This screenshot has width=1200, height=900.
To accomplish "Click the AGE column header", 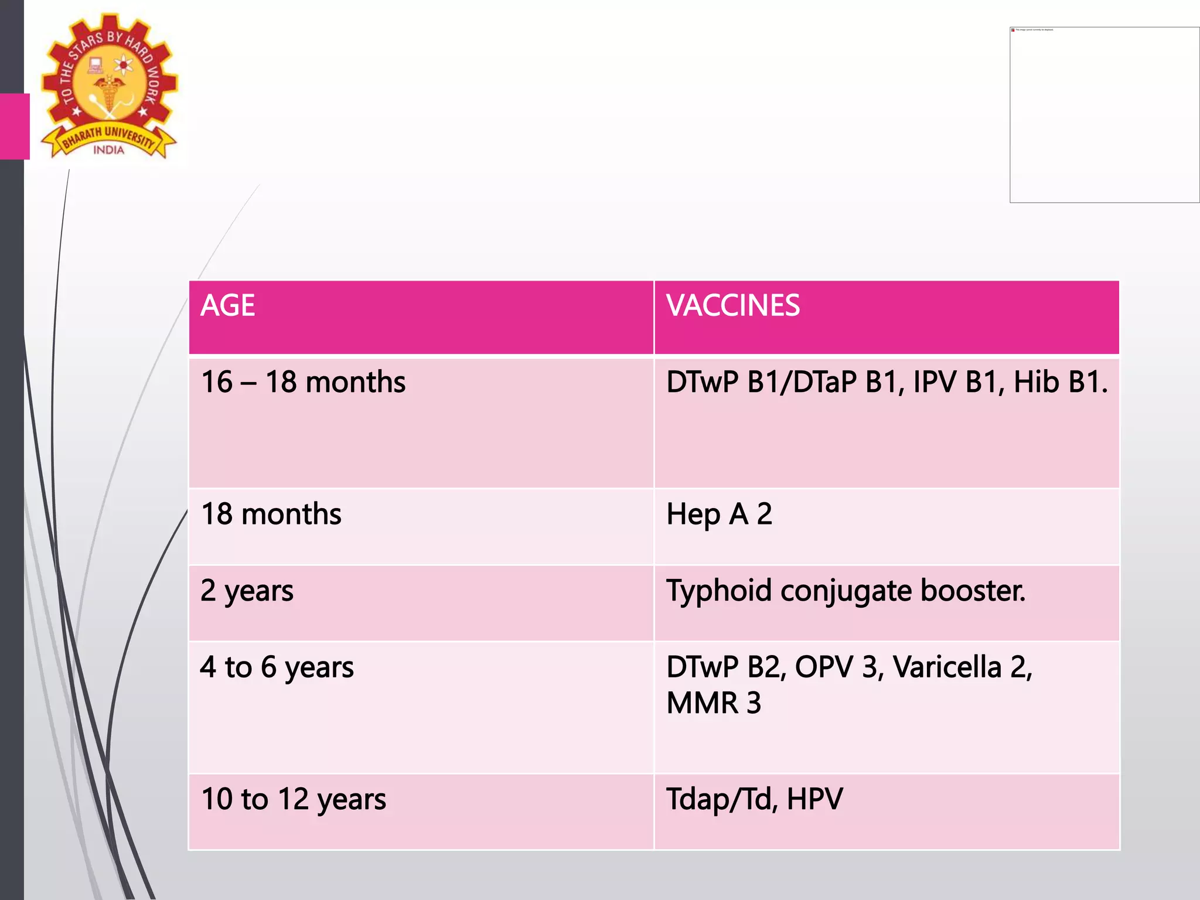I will pyautogui.click(x=228, y=306).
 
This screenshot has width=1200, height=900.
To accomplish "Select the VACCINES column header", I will pyautogui.click(x=733, y=306).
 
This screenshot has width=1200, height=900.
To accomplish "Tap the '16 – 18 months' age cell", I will pyautogui.click(x=303, y=382).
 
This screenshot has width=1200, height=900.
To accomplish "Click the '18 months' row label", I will pyautogui.click(x=271, y=514).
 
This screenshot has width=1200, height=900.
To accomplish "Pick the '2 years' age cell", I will pyautogui.click(x=247, y=591).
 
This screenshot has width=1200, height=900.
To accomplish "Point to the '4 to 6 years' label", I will pyautogui.click(x=277, y=667).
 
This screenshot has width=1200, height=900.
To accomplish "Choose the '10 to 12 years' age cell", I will pyautogui.click(x=294, y=799).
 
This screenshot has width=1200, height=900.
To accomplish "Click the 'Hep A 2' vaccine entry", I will pyautogui.click(x=719, y=514).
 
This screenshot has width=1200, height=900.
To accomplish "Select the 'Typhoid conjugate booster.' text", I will pyautogui.click(x=846, y=591).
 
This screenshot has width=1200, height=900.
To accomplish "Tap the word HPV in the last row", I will pyautogui.click(x=814, y=799).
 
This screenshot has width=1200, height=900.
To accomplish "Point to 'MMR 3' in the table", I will pyautogui.click(x=713, y=703).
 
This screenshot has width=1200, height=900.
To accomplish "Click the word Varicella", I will pyautogui.click(x=947, y=667).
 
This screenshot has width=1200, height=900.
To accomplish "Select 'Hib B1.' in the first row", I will pyautogui.click(x=1061, y=382).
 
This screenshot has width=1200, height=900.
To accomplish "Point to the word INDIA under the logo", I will pyautogui.click(x=109, y=150).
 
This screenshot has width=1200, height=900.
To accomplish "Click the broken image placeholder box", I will pyautogui.click(x=1104, y=115).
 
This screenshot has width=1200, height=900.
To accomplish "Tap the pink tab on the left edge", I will pyautogui.click(x=15, y=126).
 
